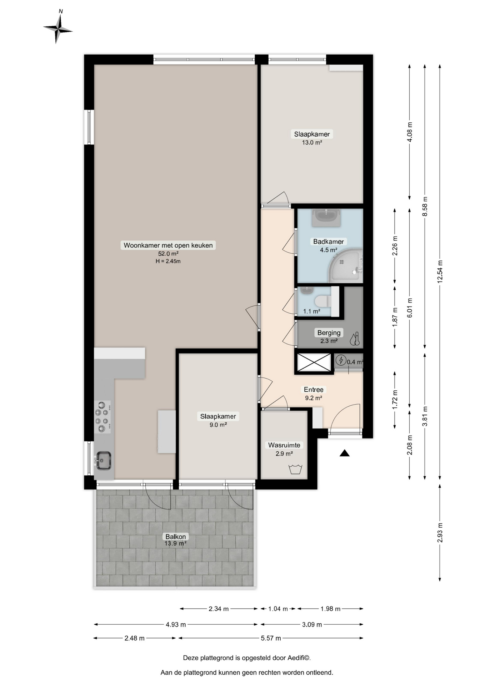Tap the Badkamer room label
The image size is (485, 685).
(x=328, y=242)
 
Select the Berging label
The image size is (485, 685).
(x=329, y=333)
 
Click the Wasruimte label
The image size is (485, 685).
(x=284, y=445)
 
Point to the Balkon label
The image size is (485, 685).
(x=175, y=537)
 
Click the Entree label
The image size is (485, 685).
(x=314, y=390)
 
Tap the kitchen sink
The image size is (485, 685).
(x=103, y=461)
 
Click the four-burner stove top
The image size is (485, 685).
(x=102, y=417)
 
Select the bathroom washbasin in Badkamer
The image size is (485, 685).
(x=326, y=218)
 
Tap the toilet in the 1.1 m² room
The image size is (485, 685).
(x=324, y=301)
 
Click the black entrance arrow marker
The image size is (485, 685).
(x=344, y=453)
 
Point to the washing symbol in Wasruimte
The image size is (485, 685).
(x=295, y=469)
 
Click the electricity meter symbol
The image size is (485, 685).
(x=341, y=360)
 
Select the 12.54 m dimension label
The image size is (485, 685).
(x=440, y=272)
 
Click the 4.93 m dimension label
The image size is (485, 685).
(x=175, y=624)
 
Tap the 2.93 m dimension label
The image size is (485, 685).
(x=440, y=533)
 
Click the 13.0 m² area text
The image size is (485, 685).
(x=312, y=142)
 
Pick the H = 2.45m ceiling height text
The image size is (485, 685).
(x=168, y=261)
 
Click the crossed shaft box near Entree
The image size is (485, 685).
(x=314, y=362)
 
